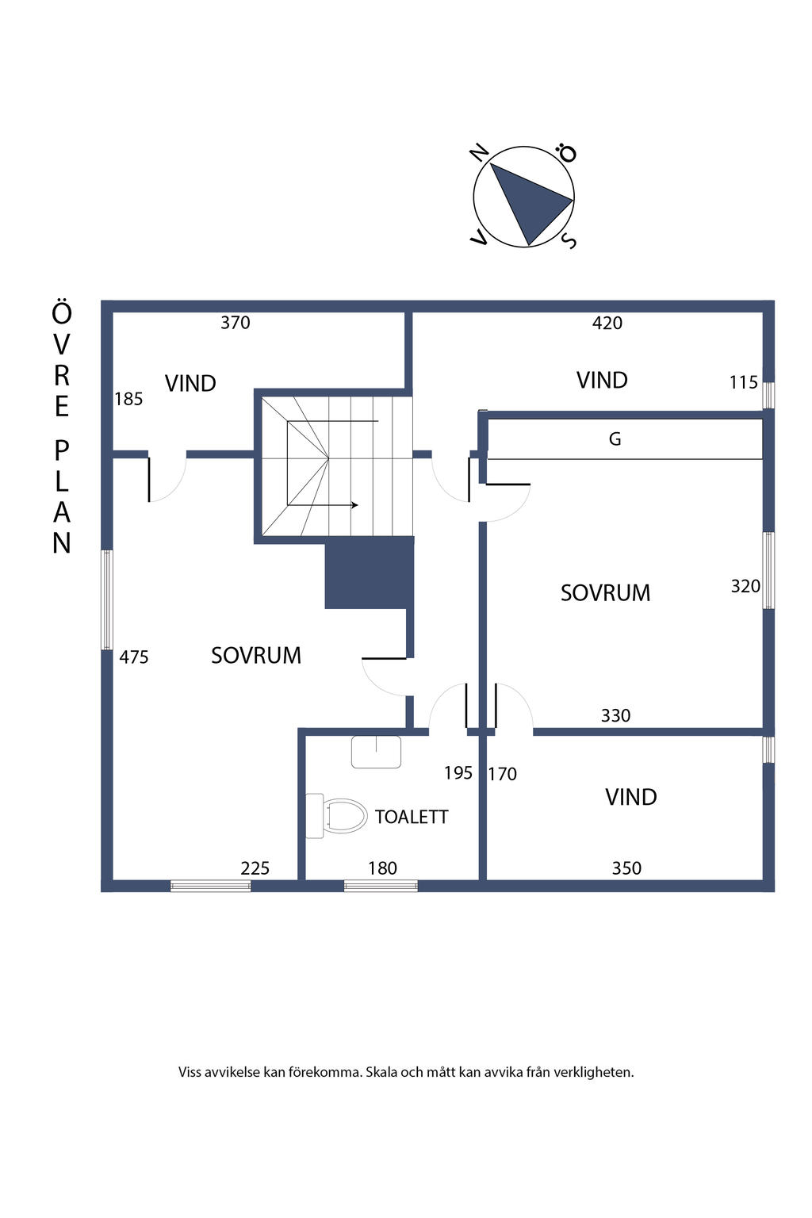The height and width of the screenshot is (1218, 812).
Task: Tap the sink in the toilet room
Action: (376, 752)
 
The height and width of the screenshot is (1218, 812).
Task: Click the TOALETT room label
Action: (412, 817)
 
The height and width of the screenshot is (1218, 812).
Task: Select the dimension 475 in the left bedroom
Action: (134, 657)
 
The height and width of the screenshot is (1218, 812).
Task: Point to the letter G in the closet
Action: (615, 439)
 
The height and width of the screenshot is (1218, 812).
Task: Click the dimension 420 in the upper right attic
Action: (607, 323)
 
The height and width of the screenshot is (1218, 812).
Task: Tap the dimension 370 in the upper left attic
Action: (236, 323)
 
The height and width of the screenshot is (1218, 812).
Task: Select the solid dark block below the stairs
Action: (370, 573)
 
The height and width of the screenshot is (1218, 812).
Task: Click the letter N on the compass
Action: (480, 152)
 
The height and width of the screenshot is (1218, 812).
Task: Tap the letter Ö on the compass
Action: (566, 153)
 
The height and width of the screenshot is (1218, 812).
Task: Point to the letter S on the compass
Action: (569, 241)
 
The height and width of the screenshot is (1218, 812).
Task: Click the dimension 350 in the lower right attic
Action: (626, 868)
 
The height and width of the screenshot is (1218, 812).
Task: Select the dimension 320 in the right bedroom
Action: (745, 586)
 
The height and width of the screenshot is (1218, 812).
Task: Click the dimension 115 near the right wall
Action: (744, 382)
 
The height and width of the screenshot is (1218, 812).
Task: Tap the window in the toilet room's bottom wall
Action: (381, 886)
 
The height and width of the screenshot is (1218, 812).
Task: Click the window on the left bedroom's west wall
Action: (107, 599)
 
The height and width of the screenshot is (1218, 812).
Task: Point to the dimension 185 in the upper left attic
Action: (128, 399)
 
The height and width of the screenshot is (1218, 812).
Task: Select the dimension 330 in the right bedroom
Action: (615, 715)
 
